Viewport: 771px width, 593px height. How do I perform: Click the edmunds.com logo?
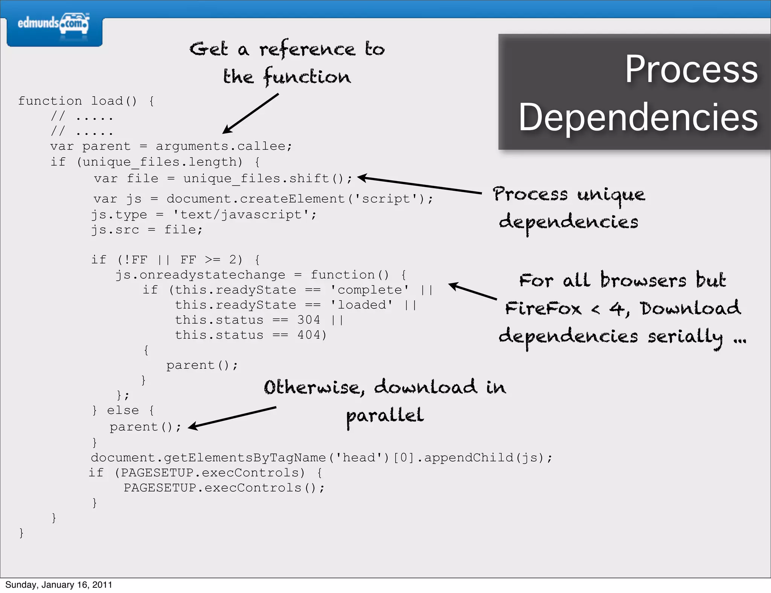(x=53, y=24)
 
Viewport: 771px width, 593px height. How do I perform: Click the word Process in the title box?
(x=691, y=70)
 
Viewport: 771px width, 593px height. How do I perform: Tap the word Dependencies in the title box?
(x=638, y=118)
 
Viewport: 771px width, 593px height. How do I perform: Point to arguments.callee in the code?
(x=224, y=146)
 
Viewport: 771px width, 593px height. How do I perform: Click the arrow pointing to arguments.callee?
(x=250, y=113)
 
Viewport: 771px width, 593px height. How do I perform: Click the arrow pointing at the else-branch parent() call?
(x=232, y=417)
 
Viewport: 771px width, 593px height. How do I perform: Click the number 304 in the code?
(x=309, y=320)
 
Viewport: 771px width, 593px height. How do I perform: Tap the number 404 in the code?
(x=309, y=335)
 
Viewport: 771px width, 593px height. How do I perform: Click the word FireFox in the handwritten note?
(x=543, y=309)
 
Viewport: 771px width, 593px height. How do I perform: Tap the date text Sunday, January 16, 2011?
(x=59, y=585)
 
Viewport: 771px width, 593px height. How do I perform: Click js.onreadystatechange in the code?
(x=200, y=275)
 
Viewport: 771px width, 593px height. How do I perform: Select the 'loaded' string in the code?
(x=361, y=305)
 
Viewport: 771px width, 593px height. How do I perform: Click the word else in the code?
(x=123, y=410)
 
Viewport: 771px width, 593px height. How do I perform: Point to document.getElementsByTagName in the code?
(x=208, y=458)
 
